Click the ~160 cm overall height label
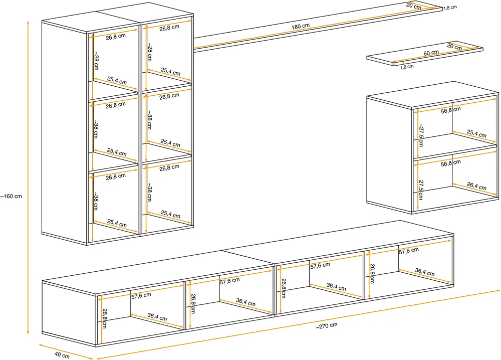pyautogui.click(x=11, y=196)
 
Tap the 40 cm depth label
pyautogui.click(x=62, y=355)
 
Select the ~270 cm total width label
pyautogui.click(x=327, y=326)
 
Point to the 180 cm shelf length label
pyautogui.click(x=300, y=26)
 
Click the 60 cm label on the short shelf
pyautogui.click(x=431, y=53)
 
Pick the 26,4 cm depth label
pyautogui.click(x=477, y=186)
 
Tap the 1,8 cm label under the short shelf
pyautogui.click(x=407, y=67)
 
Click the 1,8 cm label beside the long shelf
pyautogui.click(x=450, y=8)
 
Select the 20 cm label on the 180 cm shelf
pyautogui.click(x=413, y=6)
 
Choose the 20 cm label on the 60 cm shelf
pyautogui.click(x=454, y=47)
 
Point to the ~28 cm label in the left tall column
pyautogui.click(x=96, y=61)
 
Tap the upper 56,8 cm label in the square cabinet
pyautogui.click(x=451, y=110)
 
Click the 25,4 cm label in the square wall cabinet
pyautogui.click(x=476, y=134)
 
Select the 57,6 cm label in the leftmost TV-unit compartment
pyautogui.click(x=141, y=296)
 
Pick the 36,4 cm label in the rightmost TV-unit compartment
pyautogui.click(x=425, y=272)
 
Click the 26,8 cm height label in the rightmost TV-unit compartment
pyautogui.click(x=372, y=273)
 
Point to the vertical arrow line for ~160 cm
pyautogui.click(x=28, y=178)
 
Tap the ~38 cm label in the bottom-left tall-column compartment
pyautogui.click(x=96, y=201)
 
